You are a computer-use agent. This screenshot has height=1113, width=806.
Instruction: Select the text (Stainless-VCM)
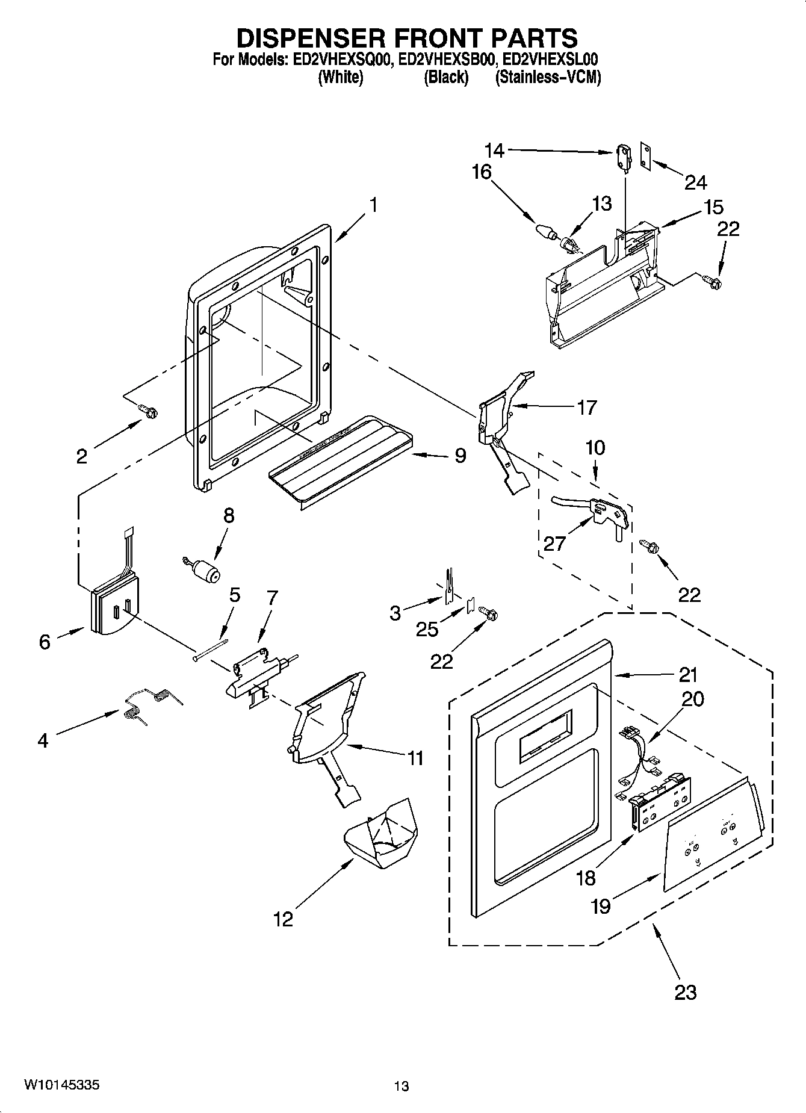(x=548, y=77)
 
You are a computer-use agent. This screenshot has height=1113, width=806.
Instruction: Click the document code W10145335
(x=61, y=1085)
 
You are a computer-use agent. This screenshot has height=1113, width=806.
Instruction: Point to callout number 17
(x=586, y=408)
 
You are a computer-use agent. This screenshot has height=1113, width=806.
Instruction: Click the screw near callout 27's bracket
(x=650, y=546)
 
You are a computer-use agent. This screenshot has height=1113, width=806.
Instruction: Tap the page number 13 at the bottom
(x=401, y=1086)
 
